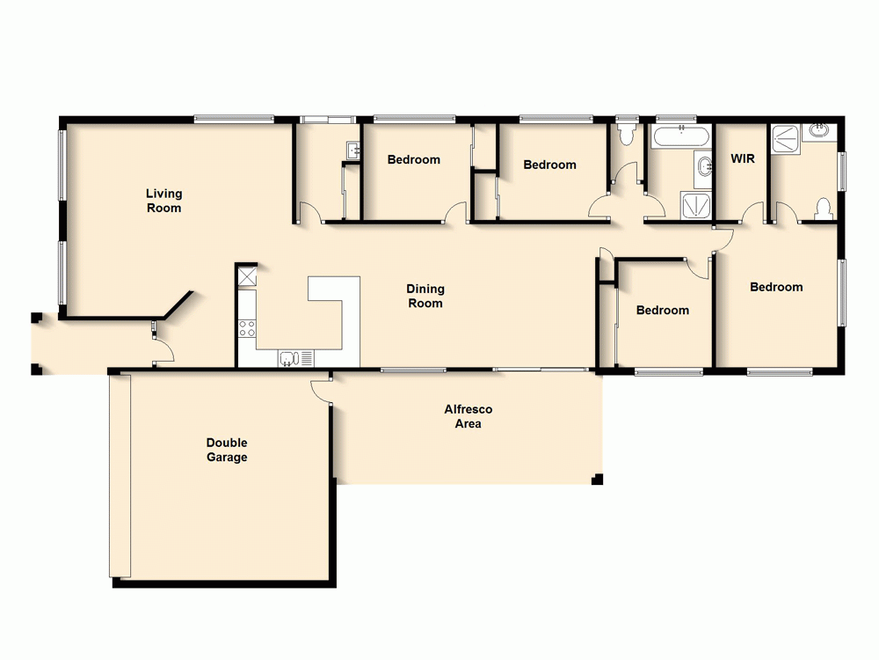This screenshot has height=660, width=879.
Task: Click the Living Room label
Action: [163, 201]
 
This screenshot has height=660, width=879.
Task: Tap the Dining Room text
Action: [425, 296]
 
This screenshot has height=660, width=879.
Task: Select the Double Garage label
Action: [227, 450]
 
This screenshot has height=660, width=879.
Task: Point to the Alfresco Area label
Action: [468, 416]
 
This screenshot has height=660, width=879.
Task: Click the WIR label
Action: [743, 159]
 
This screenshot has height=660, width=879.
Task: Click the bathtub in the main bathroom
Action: [682, 136]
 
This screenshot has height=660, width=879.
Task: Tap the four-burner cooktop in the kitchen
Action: [247, 329]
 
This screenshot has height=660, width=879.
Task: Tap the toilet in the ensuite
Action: [824, 209]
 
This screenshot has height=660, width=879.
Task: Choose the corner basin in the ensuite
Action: [822, 132]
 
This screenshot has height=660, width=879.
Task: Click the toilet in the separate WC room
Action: [627, 134]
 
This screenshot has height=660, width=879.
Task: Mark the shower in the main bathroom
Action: [699, 205]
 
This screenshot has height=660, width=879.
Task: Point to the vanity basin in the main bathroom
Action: [703, 167]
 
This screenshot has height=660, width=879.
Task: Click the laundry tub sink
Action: [353, 150]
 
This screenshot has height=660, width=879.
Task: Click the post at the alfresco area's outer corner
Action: [598, 480]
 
